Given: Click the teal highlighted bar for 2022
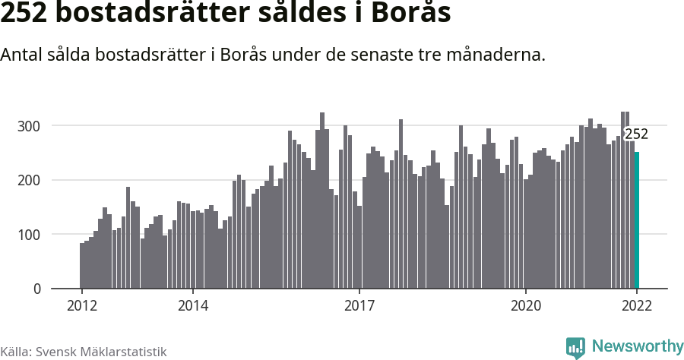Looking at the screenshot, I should [x=637, y=220].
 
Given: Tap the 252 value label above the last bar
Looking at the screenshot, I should [x=636, y=134].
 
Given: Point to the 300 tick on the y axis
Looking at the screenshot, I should [x=29, y=125].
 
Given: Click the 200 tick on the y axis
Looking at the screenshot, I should [x=29, y=180].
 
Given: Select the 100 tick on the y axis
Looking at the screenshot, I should [x=29, y=235].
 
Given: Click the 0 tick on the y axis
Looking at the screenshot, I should [x=36, y=289].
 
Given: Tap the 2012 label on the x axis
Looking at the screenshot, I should [x=81, y=306].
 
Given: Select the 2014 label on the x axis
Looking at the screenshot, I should [x=192, y=306].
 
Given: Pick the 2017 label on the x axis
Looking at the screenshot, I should [x=359, y=306].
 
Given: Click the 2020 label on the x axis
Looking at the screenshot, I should [x=525, y=306].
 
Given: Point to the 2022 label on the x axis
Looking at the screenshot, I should [x=637, y=306].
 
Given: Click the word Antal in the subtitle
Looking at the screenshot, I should [x=23, y=55].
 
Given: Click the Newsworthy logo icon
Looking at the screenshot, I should [x=575, y=347].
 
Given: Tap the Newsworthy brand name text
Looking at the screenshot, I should [x=637, y=346].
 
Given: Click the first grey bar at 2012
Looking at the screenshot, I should [x=82, y=266].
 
